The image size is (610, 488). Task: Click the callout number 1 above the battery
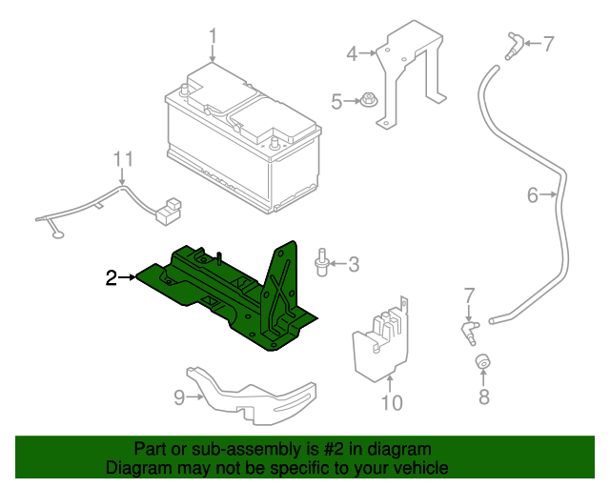tap(213, 37)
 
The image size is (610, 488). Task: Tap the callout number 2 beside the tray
tap(112, 277)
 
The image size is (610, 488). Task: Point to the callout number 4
tap(352, 54)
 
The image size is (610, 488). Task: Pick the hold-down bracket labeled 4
tap(410, 76)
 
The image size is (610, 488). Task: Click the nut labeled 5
tap(366, 100)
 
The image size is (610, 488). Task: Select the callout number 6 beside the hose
tap(532, 196)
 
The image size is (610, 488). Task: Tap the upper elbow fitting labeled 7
tap(516, 42)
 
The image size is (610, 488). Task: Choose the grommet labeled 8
tap(483, 363)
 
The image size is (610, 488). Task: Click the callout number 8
tap(484, 397)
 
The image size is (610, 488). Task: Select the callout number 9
tap(178, 398)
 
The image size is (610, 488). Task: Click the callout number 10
tap(392, 403)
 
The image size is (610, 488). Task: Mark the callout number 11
tap(122, 158)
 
